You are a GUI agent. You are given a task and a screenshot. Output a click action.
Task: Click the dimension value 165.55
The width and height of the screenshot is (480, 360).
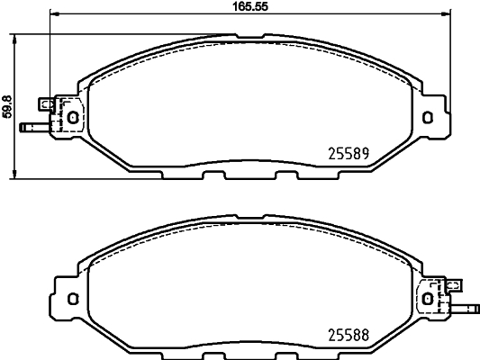(249, 5)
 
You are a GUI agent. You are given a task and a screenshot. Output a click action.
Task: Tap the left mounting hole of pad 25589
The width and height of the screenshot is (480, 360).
(73, 115)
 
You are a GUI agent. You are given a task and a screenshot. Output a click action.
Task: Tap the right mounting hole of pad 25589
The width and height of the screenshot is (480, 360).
(429, 115)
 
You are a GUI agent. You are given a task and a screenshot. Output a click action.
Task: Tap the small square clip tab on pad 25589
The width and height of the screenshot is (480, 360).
(47, 103)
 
